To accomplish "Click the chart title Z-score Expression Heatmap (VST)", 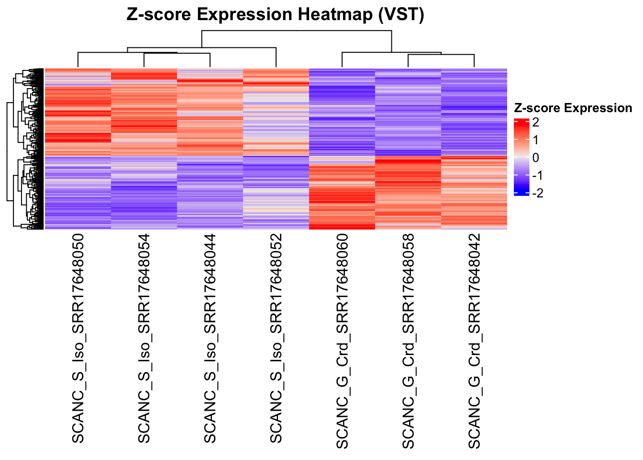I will coord(275,15).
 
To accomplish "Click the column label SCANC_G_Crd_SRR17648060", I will coord(342,341).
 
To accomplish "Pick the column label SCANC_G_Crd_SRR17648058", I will coord(408,341).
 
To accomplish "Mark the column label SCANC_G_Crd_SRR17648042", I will coord(474,341).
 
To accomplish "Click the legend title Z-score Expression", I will coord(573,108).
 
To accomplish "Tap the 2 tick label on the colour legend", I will coord(535,122).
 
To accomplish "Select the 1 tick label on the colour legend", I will coord(535,140).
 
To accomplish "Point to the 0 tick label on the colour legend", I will coord(535,158).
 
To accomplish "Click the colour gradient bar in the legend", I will coord(521,157).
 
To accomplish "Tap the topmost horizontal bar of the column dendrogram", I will coord(297,31).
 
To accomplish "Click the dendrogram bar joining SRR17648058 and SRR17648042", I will coord(441,55).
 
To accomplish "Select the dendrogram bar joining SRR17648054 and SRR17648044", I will coord(177,53).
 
